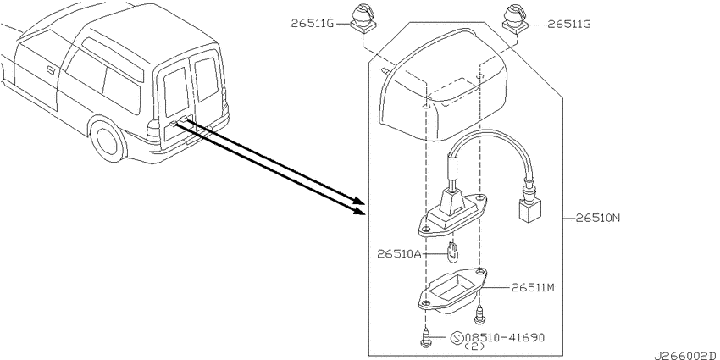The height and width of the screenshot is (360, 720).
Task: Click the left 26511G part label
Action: click(313, 24)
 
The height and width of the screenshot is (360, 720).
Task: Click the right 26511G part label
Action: click(569, 24)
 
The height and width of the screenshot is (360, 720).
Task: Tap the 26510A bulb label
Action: click(399, 253)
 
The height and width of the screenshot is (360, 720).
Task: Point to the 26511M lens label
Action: click(534, 288)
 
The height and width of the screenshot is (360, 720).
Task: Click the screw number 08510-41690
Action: click(505, 338)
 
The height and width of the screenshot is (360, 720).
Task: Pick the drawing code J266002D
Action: click(686, 356)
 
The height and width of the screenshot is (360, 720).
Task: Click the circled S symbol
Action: click(457, 339)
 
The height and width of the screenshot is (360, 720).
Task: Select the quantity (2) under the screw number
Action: click(475, 346)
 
